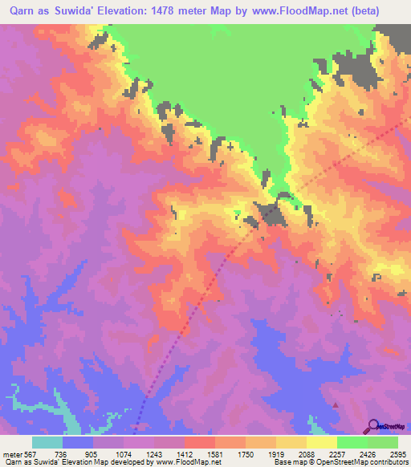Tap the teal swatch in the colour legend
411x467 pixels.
[x=47, y=443]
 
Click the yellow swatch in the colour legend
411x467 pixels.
[x=321, y=443]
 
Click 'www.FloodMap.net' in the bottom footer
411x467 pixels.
[x=185, y=462]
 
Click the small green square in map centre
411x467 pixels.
[x=236, y=213]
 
